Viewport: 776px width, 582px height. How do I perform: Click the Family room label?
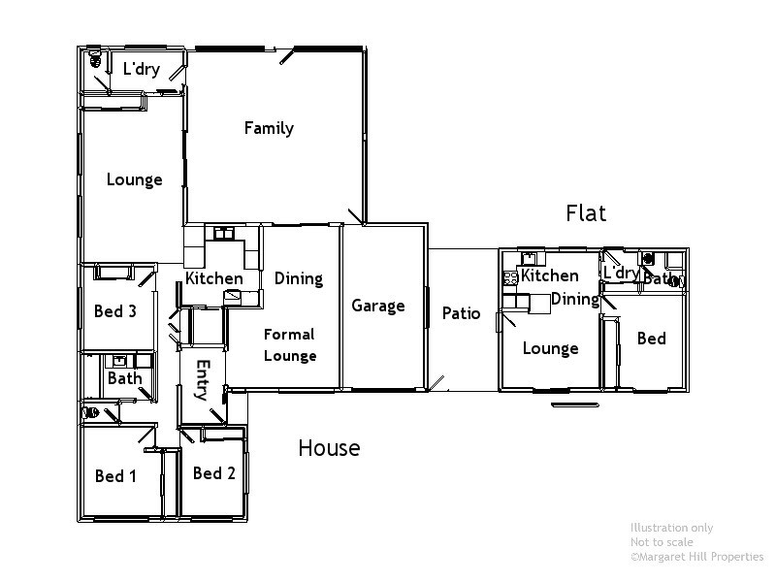pos(269,128)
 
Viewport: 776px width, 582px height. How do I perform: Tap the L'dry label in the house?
pos(141,69)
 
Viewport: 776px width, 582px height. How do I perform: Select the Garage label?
pos(377,307)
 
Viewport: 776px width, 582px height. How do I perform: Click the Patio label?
pos(461,313)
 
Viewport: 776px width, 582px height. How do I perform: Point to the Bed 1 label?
pos(115,476)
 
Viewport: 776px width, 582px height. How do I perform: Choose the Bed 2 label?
pos(214,473)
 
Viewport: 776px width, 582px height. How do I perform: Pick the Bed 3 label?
pos(114,311)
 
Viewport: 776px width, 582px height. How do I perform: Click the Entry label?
pos(203,379)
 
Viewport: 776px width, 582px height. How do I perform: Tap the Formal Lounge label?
pos(290,344)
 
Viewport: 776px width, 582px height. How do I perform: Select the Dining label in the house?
pos(298,278)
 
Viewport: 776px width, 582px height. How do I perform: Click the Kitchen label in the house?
pos(214,278)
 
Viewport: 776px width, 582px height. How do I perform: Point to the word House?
pos(329,448)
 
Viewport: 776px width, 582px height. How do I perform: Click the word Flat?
pos(586,213)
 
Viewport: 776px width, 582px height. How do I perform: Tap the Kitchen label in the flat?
pos(549,275)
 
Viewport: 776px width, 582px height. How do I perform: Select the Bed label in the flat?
pos(651,339)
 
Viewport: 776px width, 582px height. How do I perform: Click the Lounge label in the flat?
pos(550,348)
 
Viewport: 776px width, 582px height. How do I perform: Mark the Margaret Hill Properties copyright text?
pos(696,557)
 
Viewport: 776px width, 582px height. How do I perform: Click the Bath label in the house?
pos(124,378)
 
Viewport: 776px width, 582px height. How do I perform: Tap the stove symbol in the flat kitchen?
pos(510,277)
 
